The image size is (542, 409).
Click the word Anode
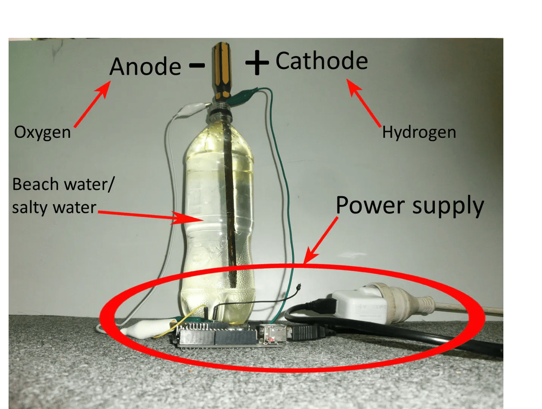pos(145,67)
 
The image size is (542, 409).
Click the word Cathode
pos(322,61)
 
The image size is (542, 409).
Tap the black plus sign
pos(257,62)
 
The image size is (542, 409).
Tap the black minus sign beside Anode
pos(197,66)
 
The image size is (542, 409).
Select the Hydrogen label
pos(419,133)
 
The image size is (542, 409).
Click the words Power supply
pos(410,206)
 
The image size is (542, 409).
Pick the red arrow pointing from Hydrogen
pos(364,103)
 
